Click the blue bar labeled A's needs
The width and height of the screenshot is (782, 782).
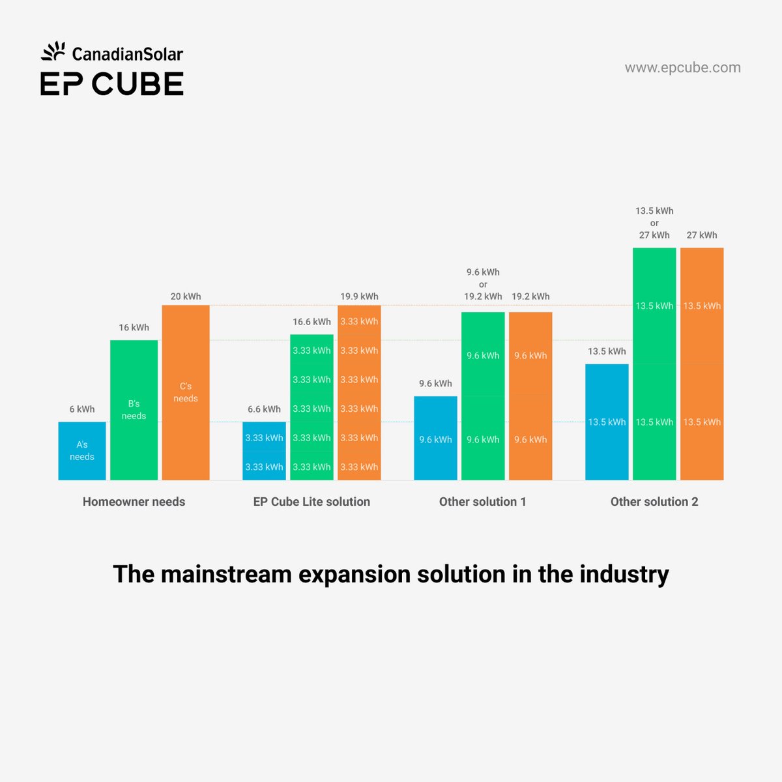pos(81,451)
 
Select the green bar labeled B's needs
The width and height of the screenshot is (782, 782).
pos(134,410)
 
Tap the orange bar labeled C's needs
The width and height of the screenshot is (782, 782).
pos(186,392)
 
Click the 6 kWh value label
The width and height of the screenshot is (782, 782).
pos(82,409)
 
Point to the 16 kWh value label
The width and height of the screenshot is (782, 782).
pos(134,327)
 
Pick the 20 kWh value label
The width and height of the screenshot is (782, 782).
pos(186,297)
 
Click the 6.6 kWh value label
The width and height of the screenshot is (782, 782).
pos(264,409)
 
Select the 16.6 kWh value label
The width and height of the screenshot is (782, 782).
pos(311,322)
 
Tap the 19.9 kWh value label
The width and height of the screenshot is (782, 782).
pos(359,297)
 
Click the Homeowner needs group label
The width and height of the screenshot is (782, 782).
pos(134,502)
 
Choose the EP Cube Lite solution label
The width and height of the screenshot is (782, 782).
pos(311,502)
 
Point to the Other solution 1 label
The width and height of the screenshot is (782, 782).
pos(482,502)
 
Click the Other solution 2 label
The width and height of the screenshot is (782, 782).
pos(654,502)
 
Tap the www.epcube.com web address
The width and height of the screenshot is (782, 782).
pos(682,68)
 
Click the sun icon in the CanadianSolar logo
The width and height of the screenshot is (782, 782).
pos(53,51)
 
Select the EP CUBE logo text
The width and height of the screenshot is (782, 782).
pos(112,84)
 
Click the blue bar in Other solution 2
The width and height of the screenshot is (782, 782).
pos(607,422)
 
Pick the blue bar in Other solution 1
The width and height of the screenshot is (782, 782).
pos(435,439)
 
